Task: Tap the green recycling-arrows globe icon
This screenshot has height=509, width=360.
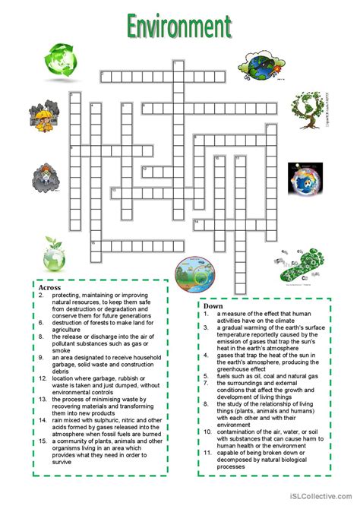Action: pos(57,58)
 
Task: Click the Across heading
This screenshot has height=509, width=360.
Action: pos(49,288)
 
